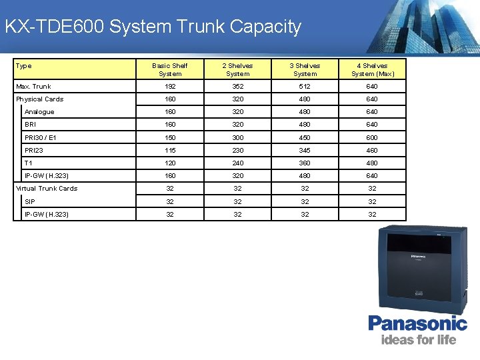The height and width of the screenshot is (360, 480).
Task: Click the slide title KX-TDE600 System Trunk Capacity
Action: pos(153,27)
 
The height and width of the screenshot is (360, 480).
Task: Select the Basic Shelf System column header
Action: pos(170,69)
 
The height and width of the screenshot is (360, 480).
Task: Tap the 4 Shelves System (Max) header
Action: pos(373,69)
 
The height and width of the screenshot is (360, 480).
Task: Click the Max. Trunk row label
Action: pos(33,87)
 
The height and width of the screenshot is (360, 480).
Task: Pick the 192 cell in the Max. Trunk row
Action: pos(170,87)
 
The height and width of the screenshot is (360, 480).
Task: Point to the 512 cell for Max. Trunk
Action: pos(305,87)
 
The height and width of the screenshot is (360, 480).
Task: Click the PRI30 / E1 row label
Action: pos(41,137)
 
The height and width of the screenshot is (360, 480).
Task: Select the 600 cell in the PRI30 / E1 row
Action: pos(372,137)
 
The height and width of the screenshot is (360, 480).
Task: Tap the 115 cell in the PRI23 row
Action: pos(170,150)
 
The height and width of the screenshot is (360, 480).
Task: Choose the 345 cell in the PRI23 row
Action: pos(305,150)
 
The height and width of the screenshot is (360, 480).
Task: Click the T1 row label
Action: pos(29,163)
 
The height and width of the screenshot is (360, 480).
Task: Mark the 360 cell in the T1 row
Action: pos(305,163)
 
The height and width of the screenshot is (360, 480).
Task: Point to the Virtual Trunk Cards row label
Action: pos(47,189)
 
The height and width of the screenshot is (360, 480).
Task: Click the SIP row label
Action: pos(30,201)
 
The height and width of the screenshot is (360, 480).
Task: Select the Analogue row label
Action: pos(39,112)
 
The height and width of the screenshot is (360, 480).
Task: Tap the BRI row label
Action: pos(31,125)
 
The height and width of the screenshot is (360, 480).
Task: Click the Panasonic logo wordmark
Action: pos(418,323)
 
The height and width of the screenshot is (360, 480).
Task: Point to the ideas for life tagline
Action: pos(418,339)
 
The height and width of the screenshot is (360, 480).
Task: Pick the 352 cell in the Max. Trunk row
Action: pos(237,87)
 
